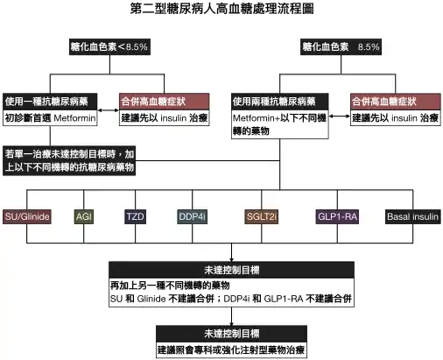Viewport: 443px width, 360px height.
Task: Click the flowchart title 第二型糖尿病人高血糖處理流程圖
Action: point(221,9)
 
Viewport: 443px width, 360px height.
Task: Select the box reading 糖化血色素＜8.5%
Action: point(109,46)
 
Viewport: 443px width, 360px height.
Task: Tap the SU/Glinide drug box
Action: point(27,216)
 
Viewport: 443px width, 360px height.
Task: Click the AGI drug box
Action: point(84,216)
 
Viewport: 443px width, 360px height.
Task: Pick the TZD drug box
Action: point(135,216)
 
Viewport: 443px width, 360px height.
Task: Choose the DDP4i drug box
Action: point(193,216)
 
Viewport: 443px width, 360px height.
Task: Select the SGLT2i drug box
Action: point(262,216)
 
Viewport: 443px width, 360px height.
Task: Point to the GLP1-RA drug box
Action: point(337,216)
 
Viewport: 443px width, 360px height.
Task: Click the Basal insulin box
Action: point(413,216)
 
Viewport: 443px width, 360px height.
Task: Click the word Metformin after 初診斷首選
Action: point(74,118)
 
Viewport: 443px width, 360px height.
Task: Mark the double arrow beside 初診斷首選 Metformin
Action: point(109,110)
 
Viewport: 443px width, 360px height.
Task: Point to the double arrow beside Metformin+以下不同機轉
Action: point(340,116)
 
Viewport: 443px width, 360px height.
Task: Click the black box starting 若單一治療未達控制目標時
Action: point(69,160)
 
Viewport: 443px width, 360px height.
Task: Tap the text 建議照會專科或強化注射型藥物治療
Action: point(231,349)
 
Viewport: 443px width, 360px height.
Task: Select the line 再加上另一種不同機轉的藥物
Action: point(170,286)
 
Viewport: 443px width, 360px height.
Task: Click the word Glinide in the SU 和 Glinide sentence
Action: point(151,299)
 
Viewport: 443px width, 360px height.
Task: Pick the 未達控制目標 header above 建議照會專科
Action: point(231,334)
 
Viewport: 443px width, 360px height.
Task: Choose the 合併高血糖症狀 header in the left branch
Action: point(165,102)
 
